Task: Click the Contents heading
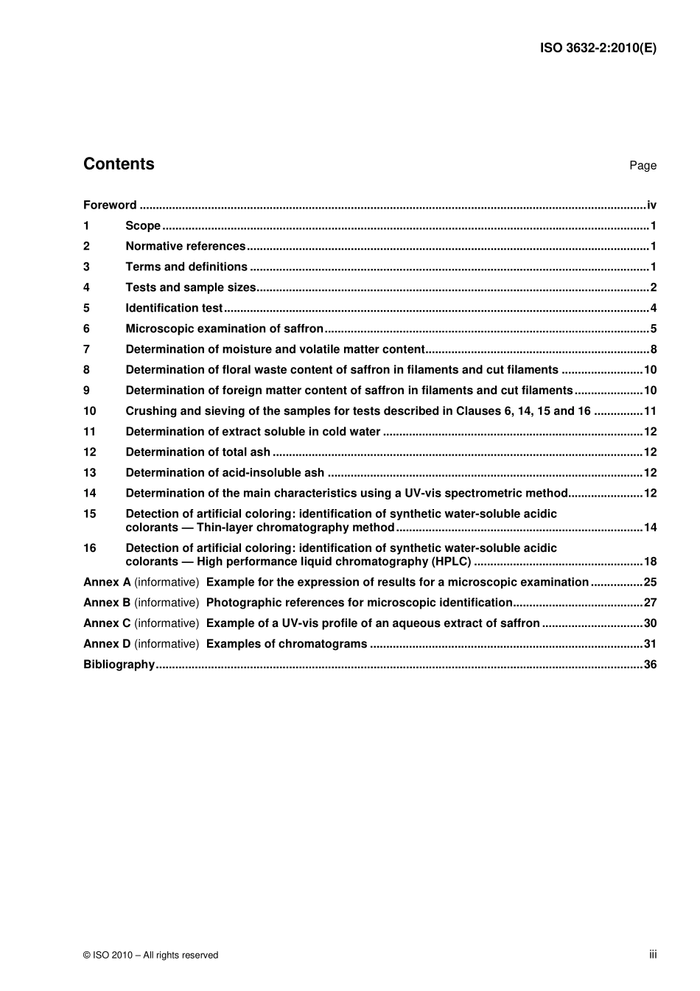(x=119, y=164)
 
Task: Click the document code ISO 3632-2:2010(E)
(x=598, y=49)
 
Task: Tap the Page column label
(x=643, y=166)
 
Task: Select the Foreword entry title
(x=110, y=206)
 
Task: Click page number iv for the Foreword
(x=651, y=206)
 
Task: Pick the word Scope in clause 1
(x=143, y=226)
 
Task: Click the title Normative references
(x=186, y=247)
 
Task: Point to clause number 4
(x=86, y=288)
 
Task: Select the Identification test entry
(x=174, y=309)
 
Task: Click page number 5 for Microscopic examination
(x=653, y=329)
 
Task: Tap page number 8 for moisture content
(x=653, y=350)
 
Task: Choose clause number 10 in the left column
(x=90, y=411)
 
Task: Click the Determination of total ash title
(x=197, y=452)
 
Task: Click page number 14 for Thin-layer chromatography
(x=650, y=528)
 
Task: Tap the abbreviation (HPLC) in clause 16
(x=451, y=561)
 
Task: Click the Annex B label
(x=107, y=603)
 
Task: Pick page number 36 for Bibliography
(x=650, y=665)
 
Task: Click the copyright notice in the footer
(x=151, y=955)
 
